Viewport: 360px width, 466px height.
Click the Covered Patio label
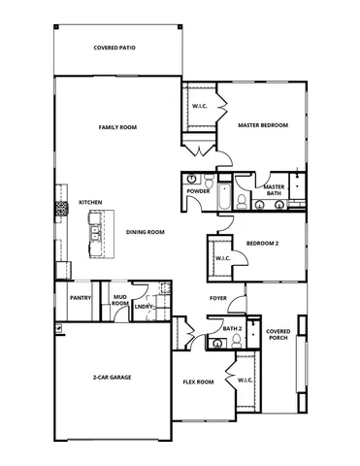click(x=115, y=48)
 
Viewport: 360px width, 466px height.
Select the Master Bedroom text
click(x=264, y=125)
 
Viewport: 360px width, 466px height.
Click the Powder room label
click(x=198, y=191)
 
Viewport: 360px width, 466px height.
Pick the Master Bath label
click(x=274, y=189)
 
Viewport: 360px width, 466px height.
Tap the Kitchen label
click(x=91, y=203)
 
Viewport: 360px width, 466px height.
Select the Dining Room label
click(x=146, y=232)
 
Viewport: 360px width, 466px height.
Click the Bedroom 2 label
click(x=262, y=244)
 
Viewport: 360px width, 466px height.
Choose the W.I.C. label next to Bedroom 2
click(x=221, y=258)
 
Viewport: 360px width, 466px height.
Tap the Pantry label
click(x=80, y=298)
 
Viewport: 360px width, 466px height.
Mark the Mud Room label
click(x=119, y=301)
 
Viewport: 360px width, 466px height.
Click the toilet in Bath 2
click(x=234, y=342)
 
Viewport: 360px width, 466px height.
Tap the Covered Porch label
click(x=278, y=334)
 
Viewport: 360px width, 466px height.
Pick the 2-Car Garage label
click(x=113, y=376)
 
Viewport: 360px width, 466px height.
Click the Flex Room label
click(x=198, y=382)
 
